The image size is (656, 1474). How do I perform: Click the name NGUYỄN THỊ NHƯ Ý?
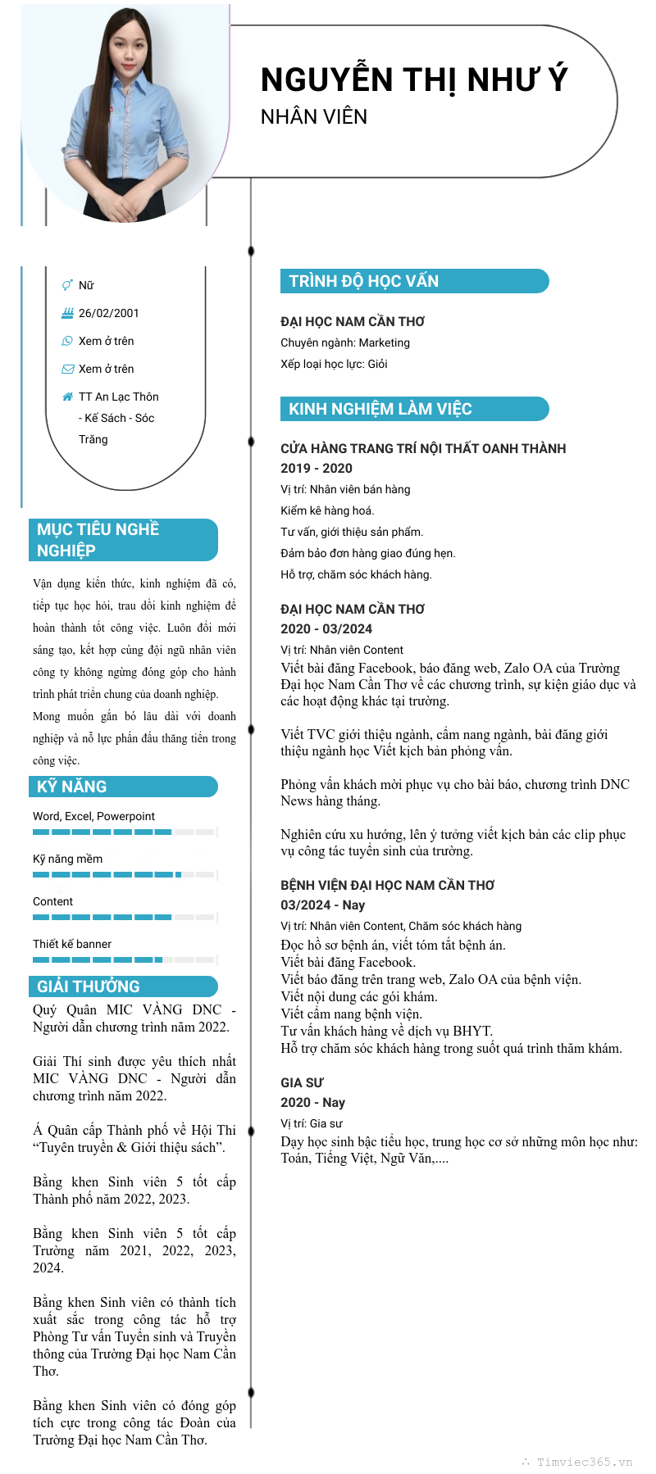(413, 79)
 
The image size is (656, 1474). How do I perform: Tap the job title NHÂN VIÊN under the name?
(314, 117)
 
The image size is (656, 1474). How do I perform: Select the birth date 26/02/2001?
(108, 313)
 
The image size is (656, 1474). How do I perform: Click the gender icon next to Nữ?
(67, 285)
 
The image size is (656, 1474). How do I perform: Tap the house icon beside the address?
(67, 397)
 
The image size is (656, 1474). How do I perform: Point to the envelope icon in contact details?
(67, 369)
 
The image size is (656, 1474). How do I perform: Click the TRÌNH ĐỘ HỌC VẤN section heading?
(363, 281)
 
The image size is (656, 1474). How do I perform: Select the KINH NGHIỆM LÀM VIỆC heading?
(380, 409)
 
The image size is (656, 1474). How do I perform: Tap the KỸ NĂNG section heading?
(72, 787)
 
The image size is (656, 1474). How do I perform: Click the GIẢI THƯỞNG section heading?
(89, 986)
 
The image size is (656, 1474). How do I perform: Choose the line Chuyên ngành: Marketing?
(345, 342)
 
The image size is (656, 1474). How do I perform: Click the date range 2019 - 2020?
(317, 468)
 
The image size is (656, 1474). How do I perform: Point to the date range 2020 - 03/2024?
(326, 628)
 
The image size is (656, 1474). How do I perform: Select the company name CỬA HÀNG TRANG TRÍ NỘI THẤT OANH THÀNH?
(423, 448)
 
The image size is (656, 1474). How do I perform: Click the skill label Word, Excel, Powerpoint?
(93, 816)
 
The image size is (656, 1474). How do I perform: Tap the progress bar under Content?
(123, 917)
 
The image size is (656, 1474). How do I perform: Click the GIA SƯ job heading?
(302, 1082)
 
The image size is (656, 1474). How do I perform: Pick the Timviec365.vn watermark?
(584, 1462)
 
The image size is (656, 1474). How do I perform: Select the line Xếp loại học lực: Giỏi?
(334, 364)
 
